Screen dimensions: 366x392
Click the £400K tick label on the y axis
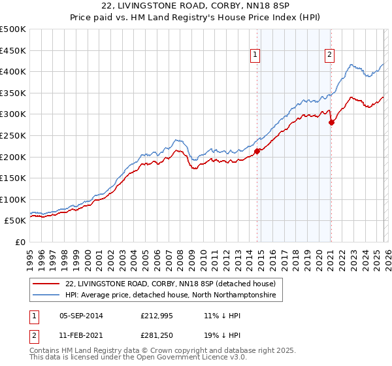pos(13,71)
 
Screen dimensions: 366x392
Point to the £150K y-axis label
pos(13,178)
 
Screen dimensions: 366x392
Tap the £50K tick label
pos(16,221)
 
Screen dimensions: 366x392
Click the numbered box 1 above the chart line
pos(255,55)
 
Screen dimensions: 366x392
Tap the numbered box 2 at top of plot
pos(330,55)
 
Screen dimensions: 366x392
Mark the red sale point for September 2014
pos(257,151)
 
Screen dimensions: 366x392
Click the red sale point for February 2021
pos(331,122)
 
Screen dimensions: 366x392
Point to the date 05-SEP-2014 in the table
pos(81,316)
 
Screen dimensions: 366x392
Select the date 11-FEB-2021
pos(81,337)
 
